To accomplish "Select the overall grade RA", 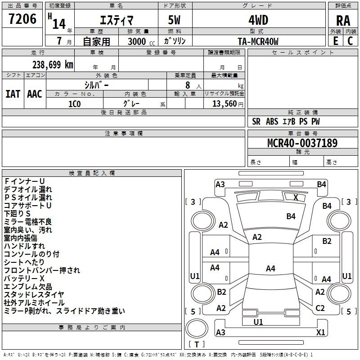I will pyautogui.click(x=343, y=21).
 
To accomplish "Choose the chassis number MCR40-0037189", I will pyautogui.click(x=302, y=143).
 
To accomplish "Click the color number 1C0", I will pyautogui.click(x=75, y=103).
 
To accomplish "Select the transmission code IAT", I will pyautogui.click(x=13, y=94).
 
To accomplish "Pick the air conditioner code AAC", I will pyautogui.click(x=35, y=94).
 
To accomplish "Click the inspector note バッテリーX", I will pyautogui.click(x=24, y=279).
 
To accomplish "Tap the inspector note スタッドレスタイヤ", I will pyautogui.click(x=34, y=295).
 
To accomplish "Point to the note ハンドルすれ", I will pyautogui.click(x=24, y=246).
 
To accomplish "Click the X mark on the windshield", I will pyautogui.click(x=296, y=197).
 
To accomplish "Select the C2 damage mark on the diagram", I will pyautogui.click(x=320, y=308).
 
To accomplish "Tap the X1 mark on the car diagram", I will pyautogui.click(x=320, y=333).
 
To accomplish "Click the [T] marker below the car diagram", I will pyautogui.click(x=197, y=345).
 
